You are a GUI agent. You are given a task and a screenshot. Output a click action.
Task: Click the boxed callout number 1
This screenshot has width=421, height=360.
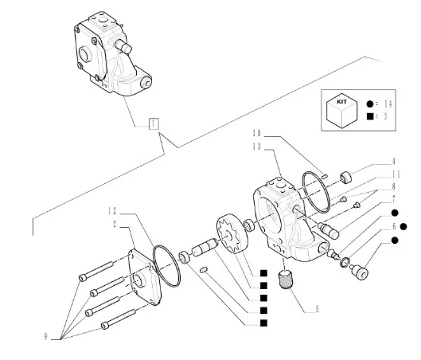click(154, 124)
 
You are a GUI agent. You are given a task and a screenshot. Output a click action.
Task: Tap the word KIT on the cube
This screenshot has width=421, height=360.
click(341, 102)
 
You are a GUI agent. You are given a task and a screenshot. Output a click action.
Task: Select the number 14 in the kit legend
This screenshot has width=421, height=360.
click(388, 104)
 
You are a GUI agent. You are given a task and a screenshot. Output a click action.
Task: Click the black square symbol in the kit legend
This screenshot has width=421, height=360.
click(370, 116)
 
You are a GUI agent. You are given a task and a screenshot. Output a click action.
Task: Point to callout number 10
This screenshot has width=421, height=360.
click(257, 133)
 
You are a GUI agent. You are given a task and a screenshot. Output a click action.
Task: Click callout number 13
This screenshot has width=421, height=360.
click(257, 147)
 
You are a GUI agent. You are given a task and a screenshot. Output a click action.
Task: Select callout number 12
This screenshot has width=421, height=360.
click(112, 211)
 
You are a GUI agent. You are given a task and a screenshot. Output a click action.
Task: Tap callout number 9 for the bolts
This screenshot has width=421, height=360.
click(45, 337)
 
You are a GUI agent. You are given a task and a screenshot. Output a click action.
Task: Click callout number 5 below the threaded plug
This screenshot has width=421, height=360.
click(317, 309)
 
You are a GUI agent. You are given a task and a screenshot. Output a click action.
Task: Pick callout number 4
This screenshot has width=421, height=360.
click(394, 161)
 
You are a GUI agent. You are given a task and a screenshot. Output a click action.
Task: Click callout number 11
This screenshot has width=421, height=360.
click(396, 174)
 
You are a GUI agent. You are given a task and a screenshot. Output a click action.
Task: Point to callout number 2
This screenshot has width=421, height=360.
click(115, 224)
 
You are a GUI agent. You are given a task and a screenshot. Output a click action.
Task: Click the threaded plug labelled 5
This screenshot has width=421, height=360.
click(284, 280)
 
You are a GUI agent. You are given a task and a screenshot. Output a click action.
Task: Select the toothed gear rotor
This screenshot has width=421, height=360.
click(232, 233)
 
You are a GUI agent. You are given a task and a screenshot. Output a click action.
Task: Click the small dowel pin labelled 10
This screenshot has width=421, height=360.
click(325, 176)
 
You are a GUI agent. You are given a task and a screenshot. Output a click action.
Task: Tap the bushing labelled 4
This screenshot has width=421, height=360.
click(346, 178)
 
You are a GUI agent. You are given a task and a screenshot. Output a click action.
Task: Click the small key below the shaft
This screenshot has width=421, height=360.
click(204, 269)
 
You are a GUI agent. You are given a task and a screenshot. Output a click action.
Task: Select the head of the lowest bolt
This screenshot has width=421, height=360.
click(105, 326)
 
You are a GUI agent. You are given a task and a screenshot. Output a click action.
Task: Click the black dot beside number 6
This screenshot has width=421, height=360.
click(403, 227)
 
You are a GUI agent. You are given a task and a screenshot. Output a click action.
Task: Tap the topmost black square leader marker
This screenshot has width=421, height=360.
click(263, 273)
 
